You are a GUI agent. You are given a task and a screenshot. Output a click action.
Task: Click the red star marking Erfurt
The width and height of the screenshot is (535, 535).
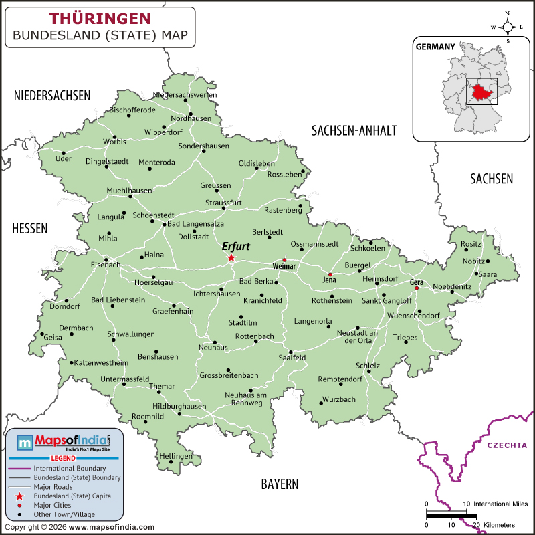coord(231,258)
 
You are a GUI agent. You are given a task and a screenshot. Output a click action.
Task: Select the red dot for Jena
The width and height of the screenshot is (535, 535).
coord(329,274)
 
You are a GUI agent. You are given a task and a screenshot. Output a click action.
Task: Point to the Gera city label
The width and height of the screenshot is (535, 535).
coord(417,282)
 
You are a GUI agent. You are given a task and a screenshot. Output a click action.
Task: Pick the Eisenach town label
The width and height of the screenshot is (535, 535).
coord(106,265)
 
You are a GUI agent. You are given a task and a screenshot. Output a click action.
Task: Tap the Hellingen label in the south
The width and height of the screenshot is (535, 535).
coord(175,456)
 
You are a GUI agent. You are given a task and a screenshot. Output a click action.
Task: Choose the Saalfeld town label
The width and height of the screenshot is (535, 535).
coord(292,358)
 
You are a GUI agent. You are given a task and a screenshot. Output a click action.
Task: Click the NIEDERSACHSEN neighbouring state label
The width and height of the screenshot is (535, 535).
coord(52,96)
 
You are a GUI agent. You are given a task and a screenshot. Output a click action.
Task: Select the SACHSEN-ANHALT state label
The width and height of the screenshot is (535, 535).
coord(354,130)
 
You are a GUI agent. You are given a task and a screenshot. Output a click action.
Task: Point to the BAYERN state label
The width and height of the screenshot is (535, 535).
coord(280,484)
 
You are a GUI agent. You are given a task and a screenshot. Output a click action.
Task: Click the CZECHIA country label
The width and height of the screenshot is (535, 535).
coord(506,445)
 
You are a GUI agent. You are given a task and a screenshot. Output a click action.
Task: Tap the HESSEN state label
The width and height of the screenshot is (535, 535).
coord(29,229)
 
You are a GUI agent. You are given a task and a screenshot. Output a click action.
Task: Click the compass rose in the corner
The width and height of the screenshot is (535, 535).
coord(508,27)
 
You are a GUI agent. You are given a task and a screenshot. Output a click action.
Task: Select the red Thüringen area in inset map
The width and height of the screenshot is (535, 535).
coord(482,92)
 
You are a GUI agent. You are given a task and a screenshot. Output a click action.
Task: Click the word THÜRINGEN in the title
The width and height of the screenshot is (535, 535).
coord(100,18)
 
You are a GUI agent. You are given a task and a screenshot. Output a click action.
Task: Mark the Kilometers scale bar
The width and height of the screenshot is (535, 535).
coord(451,514)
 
